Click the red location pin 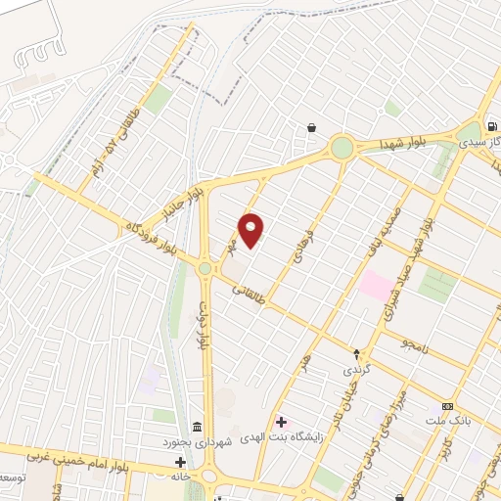(252, 230)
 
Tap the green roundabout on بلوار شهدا (342, 148)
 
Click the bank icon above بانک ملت (448, 406)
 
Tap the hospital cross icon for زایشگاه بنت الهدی (282, 423)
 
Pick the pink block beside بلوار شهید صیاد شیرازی (375, 285)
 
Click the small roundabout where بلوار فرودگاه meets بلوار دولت (205, 267)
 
